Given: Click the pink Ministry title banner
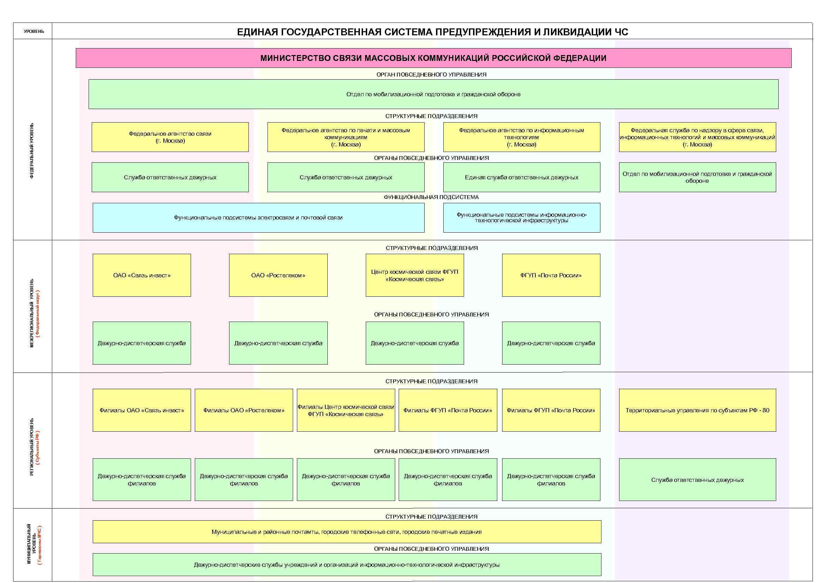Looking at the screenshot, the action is [x=433, y=58].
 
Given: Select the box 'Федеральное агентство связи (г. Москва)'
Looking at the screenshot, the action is [x=170, y=137].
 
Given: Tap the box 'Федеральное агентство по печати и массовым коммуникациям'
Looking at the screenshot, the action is [x=346, y=137].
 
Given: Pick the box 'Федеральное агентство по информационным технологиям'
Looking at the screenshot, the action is [x=522, y=137].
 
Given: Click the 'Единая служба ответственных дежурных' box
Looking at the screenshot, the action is [x=522, y=177].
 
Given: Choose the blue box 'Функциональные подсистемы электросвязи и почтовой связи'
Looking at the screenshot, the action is [x=259, y=217].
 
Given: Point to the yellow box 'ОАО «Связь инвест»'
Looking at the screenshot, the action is [x=142, y=275].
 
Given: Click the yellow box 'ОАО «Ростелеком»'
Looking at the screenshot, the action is [x=278, y=275].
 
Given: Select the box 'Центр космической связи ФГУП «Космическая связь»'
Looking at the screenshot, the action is [x=415, y=275].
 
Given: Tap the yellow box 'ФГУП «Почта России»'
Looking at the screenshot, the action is [x=551, y=275].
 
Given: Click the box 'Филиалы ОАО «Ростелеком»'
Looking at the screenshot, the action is [x=244, y=410].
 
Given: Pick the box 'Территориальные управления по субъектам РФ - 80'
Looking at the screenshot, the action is [x=697, y=410].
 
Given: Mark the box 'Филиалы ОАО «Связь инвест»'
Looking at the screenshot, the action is [x=142, y=410].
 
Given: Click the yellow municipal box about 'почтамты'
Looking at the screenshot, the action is [x=347, y=532].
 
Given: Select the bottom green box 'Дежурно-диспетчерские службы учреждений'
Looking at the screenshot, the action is [x=347, y=565].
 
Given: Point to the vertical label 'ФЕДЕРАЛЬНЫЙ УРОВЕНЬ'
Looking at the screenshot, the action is [x=32, y=151].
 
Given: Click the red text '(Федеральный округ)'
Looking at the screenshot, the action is [x=38, y=313].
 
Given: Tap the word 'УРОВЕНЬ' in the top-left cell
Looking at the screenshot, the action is [x=34, y=31].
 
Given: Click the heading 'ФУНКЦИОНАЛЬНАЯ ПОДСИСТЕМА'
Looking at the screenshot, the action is [x=431, y=197].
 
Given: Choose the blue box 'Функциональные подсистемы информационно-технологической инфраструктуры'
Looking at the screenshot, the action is [x=522, y=217].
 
